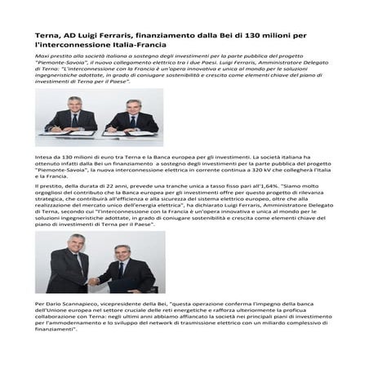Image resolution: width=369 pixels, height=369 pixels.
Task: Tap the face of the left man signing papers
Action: [74, 104]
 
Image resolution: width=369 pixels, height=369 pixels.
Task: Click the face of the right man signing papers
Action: [131, 106]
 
